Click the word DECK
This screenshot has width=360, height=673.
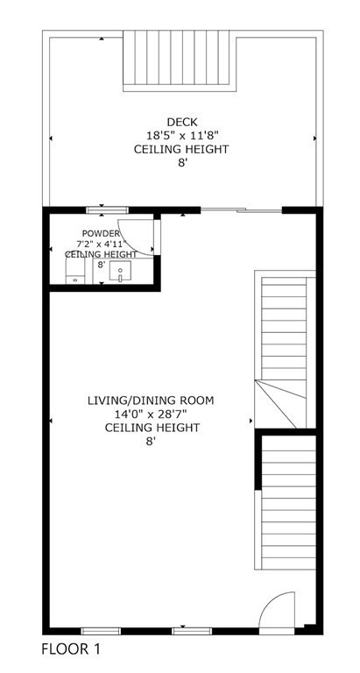point(181,122)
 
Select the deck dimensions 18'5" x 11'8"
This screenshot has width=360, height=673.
point(181,136)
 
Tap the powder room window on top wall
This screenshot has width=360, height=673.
point(107,209)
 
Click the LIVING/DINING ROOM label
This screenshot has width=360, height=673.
point(151,400)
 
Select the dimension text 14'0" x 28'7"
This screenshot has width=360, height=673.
point(151,414)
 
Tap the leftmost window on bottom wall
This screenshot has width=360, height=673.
point(101,630)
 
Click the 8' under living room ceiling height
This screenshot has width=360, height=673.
point(151,443)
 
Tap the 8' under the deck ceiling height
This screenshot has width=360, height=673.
point(181,163)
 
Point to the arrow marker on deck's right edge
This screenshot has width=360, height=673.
point(314,138)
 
